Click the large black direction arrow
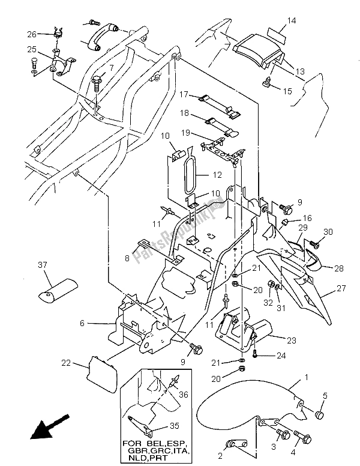(x=46, y=429)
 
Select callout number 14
(x=291, y=21)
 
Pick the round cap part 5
(x=319, y=415)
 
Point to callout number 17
(x=184, y=94)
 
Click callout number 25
(x=31, y=48)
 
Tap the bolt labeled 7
(x=97, y=80)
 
